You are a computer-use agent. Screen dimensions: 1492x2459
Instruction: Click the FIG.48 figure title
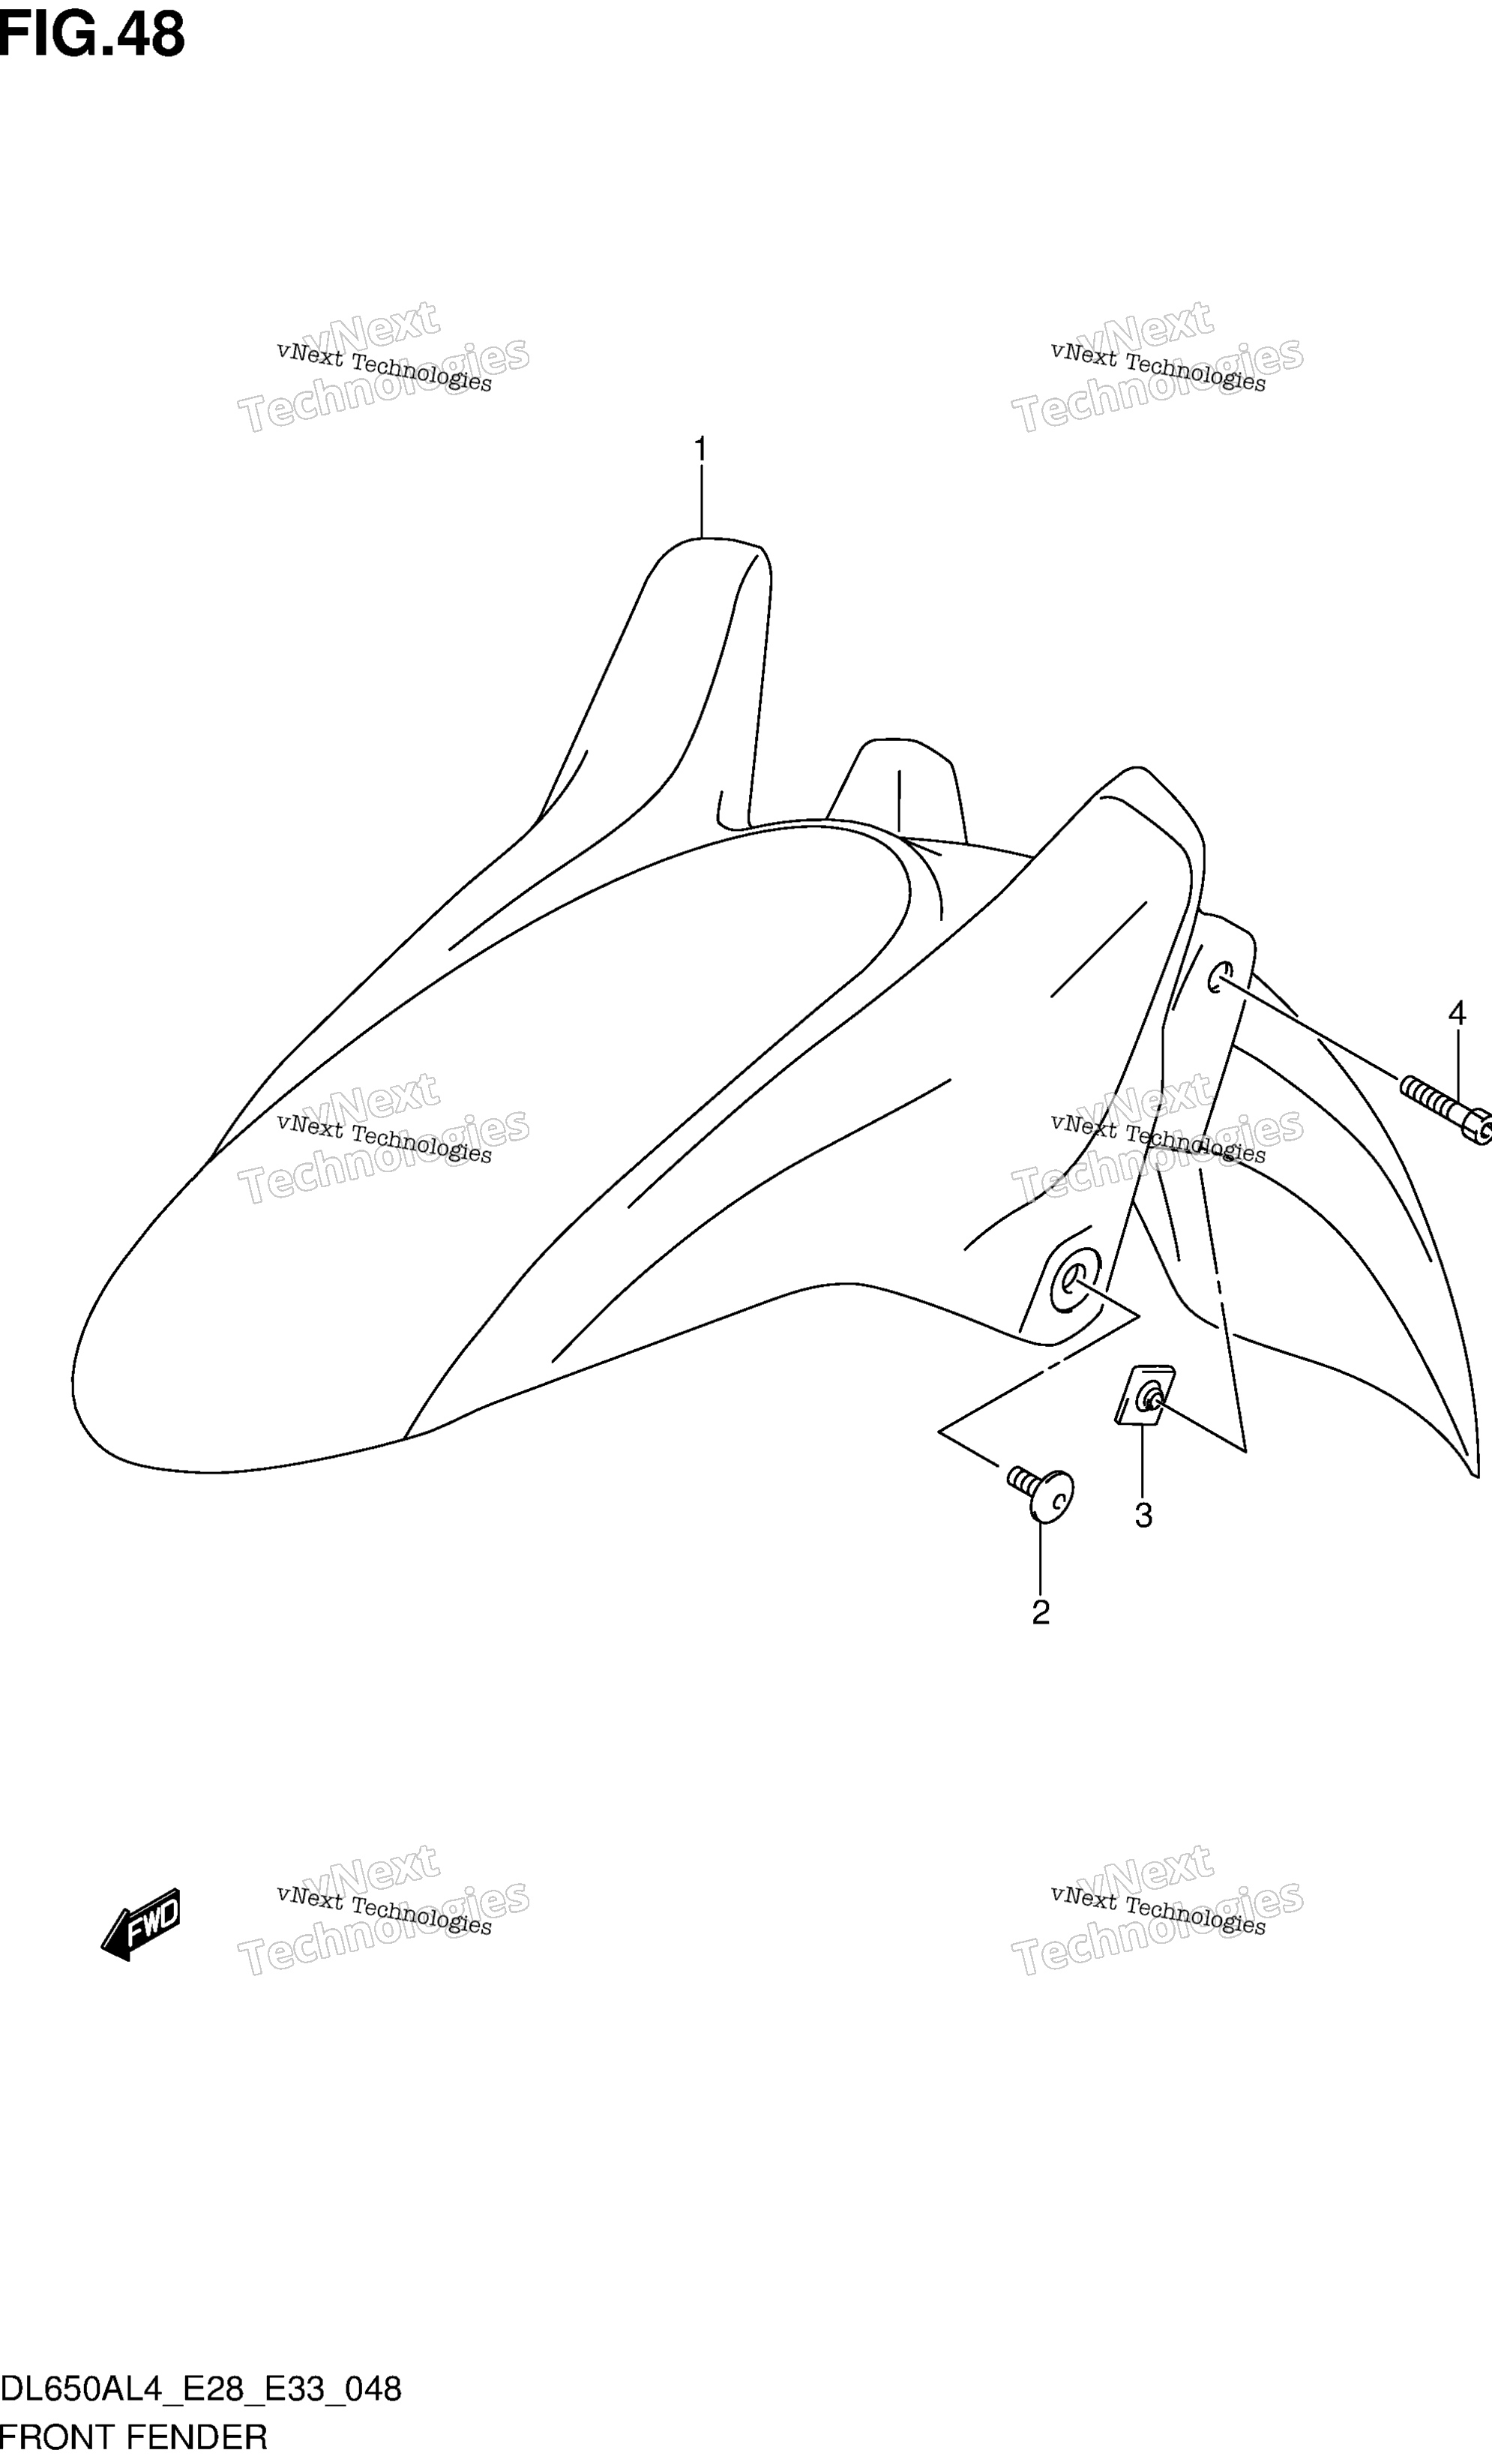pyautogui.click(x=91, y=35)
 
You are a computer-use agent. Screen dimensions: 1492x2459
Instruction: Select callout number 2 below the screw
pyautogui.click(x=1041, y=1613)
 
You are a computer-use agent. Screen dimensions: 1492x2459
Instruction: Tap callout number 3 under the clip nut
pyautogui.click(x=1143, y=1516)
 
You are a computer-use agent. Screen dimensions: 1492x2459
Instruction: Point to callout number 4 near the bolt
pyautogui.click(x=1457, y=1014)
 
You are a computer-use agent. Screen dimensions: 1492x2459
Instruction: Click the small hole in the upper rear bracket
pyautogui.click(x=1220, y=977)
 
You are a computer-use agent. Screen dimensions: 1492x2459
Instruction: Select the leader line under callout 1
pyautogui.click(x=702, y=502)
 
